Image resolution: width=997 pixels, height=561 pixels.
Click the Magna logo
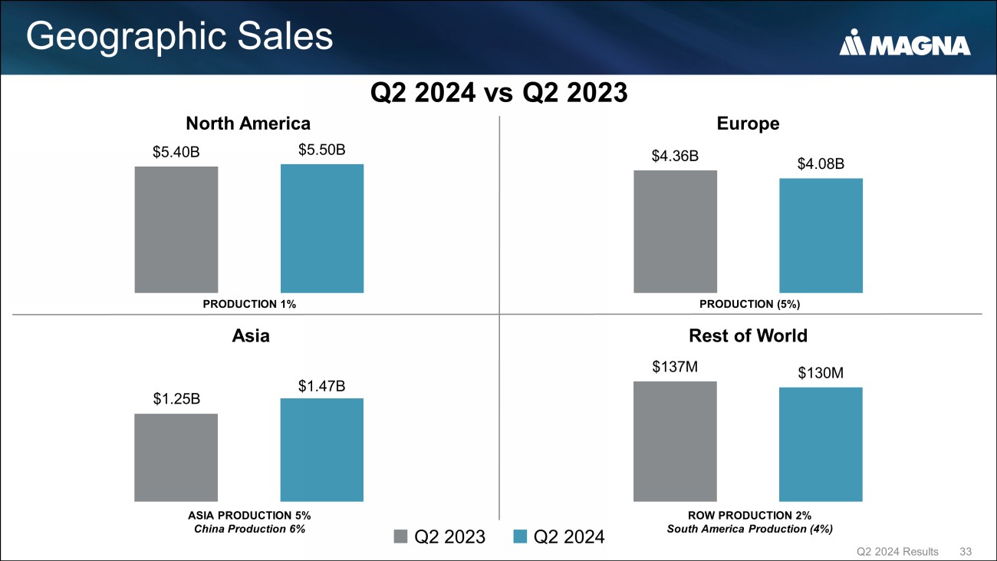click(905, 45)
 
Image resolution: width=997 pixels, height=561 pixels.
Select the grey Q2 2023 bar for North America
click(176, 229)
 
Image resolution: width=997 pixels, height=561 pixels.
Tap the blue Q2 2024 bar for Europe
click(821, 235)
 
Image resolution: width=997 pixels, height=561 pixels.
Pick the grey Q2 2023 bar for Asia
click(176, 457)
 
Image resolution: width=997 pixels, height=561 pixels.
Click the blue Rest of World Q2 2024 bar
click(821, 444)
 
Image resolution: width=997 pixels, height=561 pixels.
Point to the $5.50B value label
click(322, 150)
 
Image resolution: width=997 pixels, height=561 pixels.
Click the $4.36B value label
click(675, 157)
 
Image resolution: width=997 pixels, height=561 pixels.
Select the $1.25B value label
click(176, 399)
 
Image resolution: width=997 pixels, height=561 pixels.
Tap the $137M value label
click(675, 367)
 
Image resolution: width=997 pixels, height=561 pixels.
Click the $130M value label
click(821, 373)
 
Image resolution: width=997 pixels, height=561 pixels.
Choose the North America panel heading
click(248, 124)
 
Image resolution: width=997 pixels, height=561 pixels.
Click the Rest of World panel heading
click(748, 335)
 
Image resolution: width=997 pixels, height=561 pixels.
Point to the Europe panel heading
click(748, 124)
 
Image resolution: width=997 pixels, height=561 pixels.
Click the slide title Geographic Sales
click(180, 37)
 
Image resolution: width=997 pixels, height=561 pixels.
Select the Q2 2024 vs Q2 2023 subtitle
click(498, 93)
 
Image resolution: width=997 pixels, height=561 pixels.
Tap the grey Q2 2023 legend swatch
click(401, 536)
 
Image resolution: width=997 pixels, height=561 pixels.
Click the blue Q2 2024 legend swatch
click(520, 536)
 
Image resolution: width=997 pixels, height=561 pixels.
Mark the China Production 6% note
click(249, 528)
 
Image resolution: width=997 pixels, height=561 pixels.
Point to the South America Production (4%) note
click(749, 528)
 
